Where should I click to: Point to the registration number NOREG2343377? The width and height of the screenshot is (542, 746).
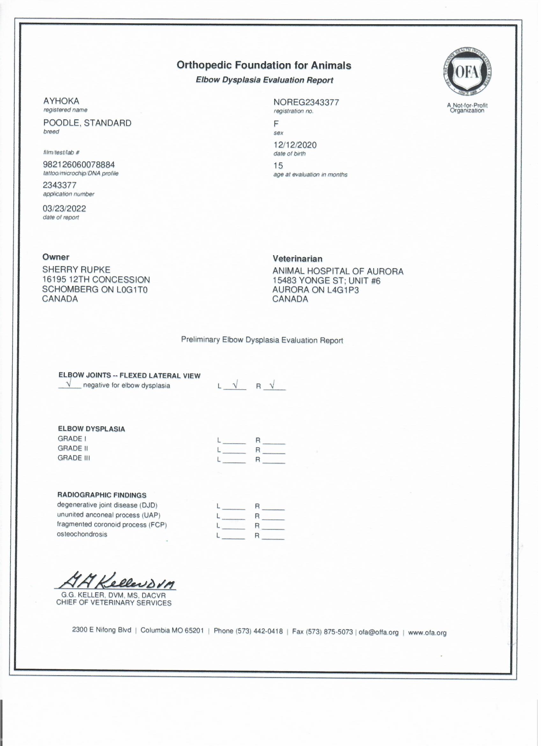click(306, 102)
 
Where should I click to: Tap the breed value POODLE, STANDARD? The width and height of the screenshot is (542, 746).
click(87, 123)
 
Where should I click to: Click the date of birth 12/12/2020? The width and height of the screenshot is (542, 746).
click(295, 145)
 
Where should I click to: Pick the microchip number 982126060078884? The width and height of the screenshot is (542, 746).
click(79, 164)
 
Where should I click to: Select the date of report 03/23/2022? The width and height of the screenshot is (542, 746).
click(64, 209)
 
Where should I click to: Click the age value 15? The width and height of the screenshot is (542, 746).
click(278, 166)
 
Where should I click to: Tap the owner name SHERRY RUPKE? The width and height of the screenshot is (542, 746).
click(76, 270)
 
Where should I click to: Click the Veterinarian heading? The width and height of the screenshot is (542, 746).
click(297, 259)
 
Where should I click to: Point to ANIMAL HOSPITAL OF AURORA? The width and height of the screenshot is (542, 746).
click(338, 271)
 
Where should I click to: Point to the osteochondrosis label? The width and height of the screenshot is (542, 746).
click(82, 534)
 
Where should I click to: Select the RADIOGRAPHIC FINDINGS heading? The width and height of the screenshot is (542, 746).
click(102, 495)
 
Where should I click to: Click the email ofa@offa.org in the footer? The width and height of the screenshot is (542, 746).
click(378, 632)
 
